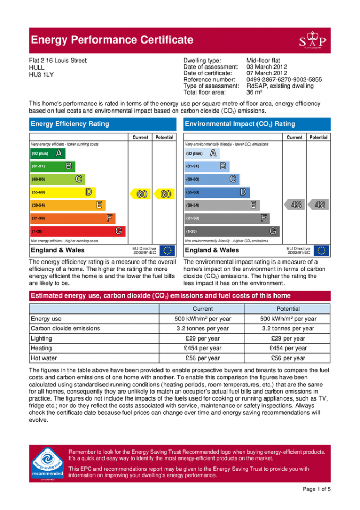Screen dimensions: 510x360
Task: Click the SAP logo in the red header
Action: coord(313,40)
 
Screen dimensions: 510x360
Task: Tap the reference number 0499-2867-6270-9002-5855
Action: coord(284,80)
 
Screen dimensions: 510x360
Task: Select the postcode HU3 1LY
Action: coord(41,75)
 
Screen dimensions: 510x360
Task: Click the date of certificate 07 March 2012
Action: coord(267,73)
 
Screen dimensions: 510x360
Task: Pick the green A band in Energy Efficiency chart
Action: coord(47,154)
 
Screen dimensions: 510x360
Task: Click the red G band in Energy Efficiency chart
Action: coord(78,232)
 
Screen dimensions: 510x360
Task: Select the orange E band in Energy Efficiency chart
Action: coord(67,205)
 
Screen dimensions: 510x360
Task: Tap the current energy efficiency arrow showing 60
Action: coord(141,194)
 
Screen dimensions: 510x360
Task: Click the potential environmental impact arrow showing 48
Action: coord(319,205)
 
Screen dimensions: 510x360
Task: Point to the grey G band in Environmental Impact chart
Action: coord(232,232)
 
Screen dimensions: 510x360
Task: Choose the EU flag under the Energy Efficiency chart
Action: coord(167,250)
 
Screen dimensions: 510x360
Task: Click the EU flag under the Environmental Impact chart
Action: coord(321,250)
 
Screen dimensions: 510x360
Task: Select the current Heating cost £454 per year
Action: coord(203,348)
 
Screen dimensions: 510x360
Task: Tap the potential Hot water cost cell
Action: coord(288,359)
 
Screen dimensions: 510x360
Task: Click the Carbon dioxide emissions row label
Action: coord(65,329)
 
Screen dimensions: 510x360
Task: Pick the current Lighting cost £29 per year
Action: coord(203,338)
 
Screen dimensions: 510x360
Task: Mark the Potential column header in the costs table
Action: coord(288,309)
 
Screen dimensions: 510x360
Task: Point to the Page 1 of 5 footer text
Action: coord(316,489)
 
